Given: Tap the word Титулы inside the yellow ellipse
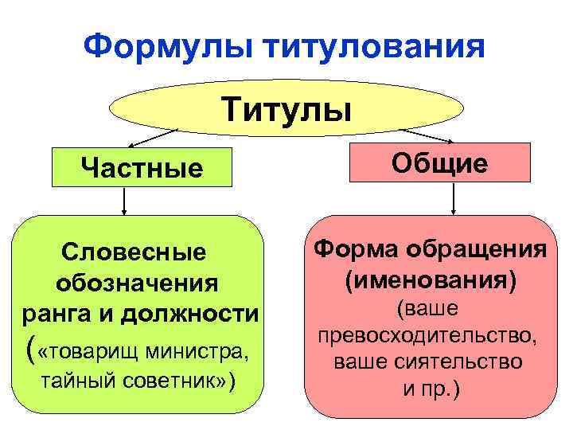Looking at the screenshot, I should point(286,107).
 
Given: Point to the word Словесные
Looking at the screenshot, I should point(133,253).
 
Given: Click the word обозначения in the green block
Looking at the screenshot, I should point(138,283).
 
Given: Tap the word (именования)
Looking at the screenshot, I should point(431,279).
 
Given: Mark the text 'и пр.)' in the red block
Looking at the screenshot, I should point(430,390).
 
